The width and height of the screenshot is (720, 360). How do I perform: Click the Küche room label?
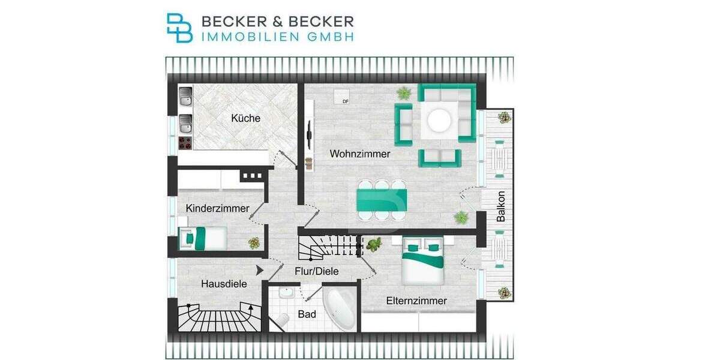(246, 118)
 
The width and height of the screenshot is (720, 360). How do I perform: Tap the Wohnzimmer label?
(360, 154)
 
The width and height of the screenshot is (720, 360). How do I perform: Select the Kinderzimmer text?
(217, 208)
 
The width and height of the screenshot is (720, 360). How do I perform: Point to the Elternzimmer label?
(416, 301)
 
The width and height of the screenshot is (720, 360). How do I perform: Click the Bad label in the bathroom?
(307, 314)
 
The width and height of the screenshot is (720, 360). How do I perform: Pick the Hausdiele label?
(224, 284)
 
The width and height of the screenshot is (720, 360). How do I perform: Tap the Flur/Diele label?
(316, 271)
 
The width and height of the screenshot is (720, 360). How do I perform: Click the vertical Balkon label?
(501, 207)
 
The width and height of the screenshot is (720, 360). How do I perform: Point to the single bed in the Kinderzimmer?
(203, 238)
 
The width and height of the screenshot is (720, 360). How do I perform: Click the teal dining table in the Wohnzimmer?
(382, 200)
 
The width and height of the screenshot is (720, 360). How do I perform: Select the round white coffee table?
(437, 119)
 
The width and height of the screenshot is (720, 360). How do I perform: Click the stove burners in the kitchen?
(185, 143)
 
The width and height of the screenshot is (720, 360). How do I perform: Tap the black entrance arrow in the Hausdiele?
(259, 271)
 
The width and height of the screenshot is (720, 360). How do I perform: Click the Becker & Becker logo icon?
(179, 28)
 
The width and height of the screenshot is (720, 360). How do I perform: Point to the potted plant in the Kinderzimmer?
(254, 242)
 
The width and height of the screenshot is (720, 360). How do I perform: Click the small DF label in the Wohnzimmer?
(345, 101)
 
